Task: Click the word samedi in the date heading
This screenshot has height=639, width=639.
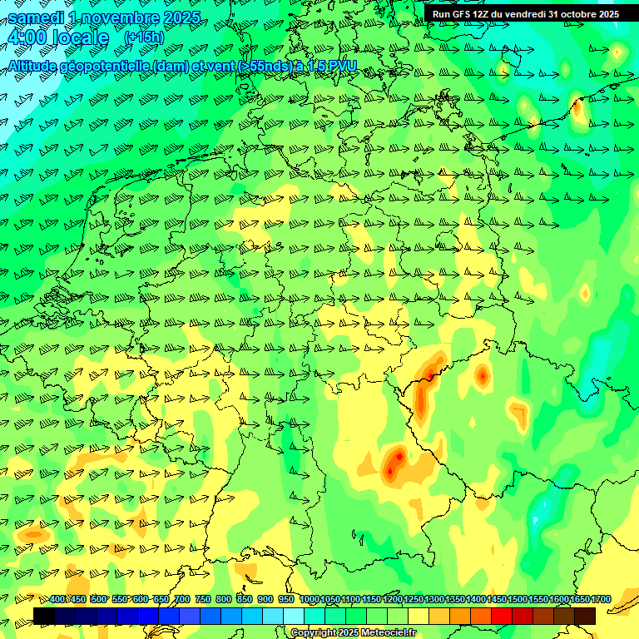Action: pos(36,17)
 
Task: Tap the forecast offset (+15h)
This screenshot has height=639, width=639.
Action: pos(144,37)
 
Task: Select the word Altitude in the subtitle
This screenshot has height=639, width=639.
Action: pos(38,66)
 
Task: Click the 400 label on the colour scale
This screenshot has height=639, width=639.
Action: pos(57,600)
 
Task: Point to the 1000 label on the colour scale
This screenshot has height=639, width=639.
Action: pos(310,600)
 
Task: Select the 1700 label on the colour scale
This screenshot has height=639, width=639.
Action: pos(601,600)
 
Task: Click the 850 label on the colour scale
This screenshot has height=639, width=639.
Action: pos(245,600)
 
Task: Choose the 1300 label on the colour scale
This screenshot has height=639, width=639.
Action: pos(434,600)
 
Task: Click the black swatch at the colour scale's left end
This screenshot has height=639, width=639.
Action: pos(44,616)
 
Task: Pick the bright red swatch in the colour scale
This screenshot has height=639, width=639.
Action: pos(502,616)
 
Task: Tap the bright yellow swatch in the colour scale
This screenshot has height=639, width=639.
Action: pos(419,616)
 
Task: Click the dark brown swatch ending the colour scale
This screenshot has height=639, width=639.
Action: pos(585,616)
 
